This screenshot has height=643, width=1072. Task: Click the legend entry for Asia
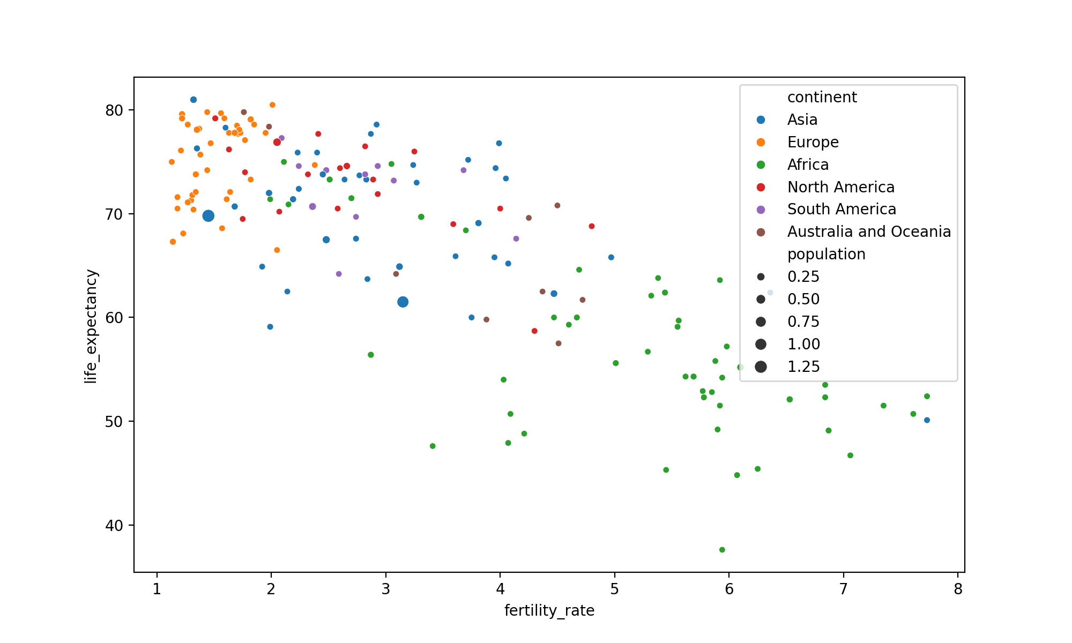pyautogui.click(x=802, y=119)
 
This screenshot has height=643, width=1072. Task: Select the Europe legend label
pyautogui.click(x=813, y=142)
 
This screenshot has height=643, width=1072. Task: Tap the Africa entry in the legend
pyautogui.click(x=808, y=165)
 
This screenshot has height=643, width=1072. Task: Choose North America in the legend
pyautogui.click(x=840, y=187)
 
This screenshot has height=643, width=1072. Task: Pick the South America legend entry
pyautogui.click(x=842, y=209)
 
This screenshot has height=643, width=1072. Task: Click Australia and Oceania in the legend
pyautogui.click(x=869, y=231)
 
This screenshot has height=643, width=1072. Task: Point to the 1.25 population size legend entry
pyautogui.click(x=803, y=367)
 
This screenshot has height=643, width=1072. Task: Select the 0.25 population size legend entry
pyautogui.click(x=803, y=276)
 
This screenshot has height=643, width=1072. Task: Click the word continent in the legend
pyautogui.click(x=822, y=97)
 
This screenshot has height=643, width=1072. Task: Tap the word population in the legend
pyautogui.click(x=826, y=254)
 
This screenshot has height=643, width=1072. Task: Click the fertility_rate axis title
pyautogui.click(x=549, y=611)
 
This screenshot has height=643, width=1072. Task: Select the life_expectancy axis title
pyautogui.click(x=91, y=326)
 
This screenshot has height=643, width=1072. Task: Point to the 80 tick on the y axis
pyautogui.click(x=114, y=110)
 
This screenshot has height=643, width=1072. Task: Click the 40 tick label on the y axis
pyautogui.click(x=114, y=526)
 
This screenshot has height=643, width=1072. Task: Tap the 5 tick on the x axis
pyautogui.click(x=614, y=589)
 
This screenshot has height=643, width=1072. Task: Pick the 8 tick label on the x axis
pyautogui.click(x=958, y=589)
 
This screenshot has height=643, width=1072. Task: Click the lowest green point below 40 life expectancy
pyautogui.click(x=722, y=550)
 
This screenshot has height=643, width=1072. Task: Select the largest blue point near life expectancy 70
pyautogui.click(x=209, y=216)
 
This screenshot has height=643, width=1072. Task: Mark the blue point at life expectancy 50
pyautogui.click(x=927, y=420)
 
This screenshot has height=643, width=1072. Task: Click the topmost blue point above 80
pyautogui.click(x=193, y=100)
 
